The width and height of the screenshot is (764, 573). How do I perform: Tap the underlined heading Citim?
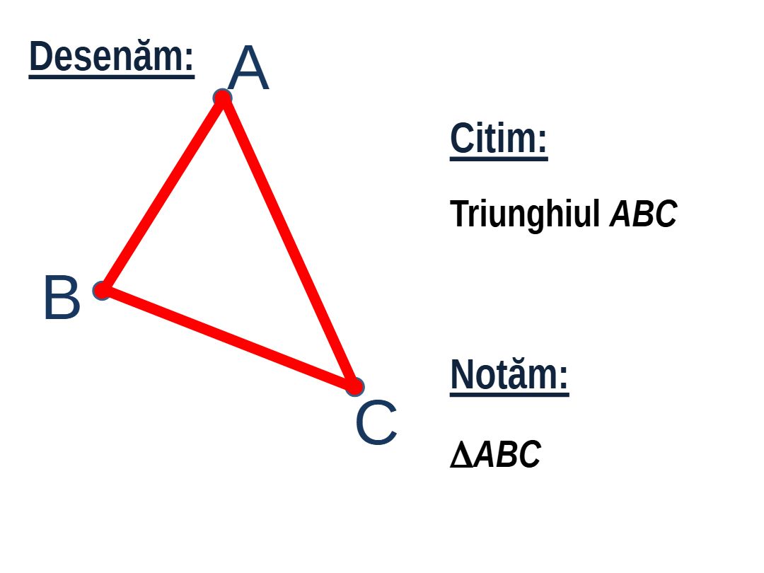(x=499, y=139)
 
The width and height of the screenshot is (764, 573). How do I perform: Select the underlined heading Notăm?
(x=509, y=375)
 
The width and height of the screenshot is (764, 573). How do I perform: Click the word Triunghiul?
(x=524, y=214)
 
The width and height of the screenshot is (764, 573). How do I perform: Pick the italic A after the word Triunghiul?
(x=621, y=214)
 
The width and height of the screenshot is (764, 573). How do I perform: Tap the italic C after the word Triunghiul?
(x=666, y=214)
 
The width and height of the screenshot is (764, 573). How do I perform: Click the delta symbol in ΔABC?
(x=461, y=455)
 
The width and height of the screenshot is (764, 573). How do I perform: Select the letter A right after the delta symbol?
(x=485, y=455)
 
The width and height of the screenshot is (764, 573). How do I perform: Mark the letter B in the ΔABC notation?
(x=507, y=455)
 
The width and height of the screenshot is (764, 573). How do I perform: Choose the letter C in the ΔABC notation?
(x=530, y=455)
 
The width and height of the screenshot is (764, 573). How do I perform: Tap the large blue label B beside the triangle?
(x=62, y=297)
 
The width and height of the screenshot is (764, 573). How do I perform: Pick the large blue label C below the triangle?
(x=376, y=422)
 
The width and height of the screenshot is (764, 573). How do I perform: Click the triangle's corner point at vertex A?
(x=223, y=98)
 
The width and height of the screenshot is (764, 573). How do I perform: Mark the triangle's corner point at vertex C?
(x=354, y=386)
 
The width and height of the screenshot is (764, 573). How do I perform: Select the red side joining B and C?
(x=228, y=339)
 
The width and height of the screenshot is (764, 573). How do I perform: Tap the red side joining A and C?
(x=289, y=243)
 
